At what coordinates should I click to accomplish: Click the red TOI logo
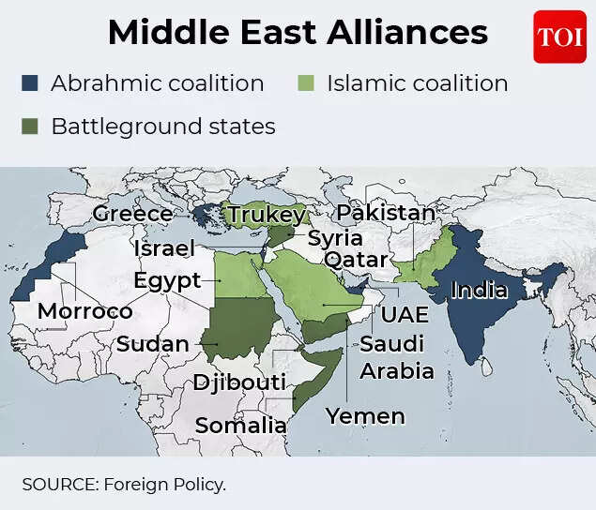click(x=559, y=37)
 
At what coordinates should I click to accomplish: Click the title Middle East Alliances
click(x=298, y=34)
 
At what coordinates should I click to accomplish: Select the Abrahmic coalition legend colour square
click(x=30, y=83)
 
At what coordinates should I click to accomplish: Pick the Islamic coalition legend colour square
click(x=306, y=83)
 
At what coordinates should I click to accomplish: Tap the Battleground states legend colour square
click(x=30, y=126)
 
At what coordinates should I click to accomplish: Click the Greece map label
click(x=132, y=214)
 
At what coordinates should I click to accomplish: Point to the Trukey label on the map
click(x=267, y=215)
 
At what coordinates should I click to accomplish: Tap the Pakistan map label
click(x=386, y=213)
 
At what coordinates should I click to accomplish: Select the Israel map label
click(x=163, y=248)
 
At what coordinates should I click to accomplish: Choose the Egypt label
click(x=166, y=280)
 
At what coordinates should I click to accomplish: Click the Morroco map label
click(x=84, y=310)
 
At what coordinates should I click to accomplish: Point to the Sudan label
click(x=152, y=344)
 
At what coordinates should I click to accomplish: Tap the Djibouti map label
click(x=239, y=382)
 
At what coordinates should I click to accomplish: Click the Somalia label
click(x=239, y=426)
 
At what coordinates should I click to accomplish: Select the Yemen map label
click(x=365, y=415)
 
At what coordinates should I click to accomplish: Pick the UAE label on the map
click(x=404, y=314)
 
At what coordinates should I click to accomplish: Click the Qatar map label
click(x=356, y=259)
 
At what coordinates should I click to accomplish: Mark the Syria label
click(x=335, y=237)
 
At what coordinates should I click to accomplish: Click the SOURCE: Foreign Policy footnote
click(x=124, y=484)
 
